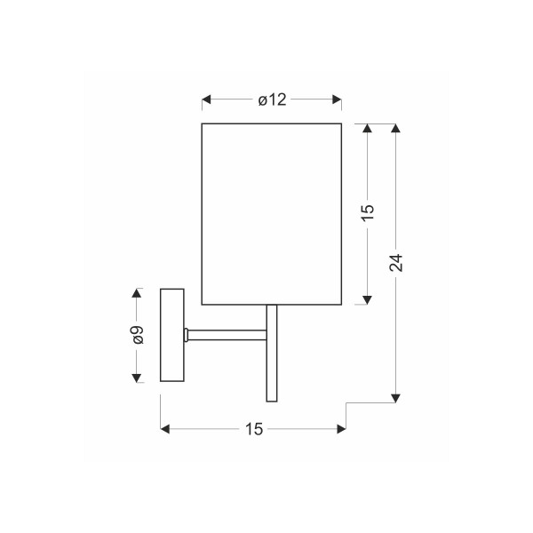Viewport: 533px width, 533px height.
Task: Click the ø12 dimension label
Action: pos(272,99)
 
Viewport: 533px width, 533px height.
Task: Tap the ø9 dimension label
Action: pos(139,335)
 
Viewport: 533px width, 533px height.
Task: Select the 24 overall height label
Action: pos(396,263)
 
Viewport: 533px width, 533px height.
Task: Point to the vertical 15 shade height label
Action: pos(368,213)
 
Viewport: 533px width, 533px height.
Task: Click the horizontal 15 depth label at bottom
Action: pos(254,429)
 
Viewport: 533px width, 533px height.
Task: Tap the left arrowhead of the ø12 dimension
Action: pos(206,99)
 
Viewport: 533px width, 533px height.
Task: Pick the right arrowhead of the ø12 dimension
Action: pos(337,99)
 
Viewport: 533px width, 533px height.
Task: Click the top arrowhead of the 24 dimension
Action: pos(395,128)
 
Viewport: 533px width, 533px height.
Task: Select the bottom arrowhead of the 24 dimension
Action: pos(395,398)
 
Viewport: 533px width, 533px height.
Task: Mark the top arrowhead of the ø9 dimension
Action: pos(137,293)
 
